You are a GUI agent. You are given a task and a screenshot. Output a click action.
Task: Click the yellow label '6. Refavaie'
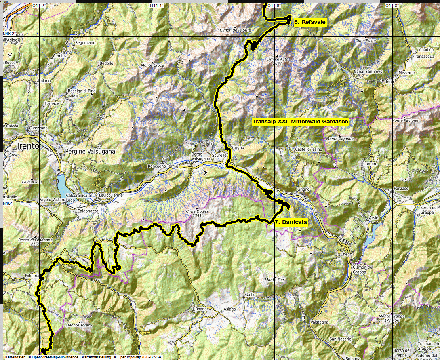click(309, 23)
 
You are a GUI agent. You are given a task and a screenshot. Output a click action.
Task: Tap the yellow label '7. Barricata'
click(291, 222)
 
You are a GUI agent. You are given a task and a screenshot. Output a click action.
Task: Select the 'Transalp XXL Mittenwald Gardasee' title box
click(300, 121)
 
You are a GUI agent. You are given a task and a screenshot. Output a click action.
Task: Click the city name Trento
click(27, 146)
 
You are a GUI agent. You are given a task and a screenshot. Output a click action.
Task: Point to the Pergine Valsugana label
click(90, 152)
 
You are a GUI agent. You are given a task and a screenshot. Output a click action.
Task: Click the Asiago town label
click(230, 310)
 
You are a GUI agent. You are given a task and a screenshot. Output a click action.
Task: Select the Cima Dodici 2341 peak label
click(196, 213)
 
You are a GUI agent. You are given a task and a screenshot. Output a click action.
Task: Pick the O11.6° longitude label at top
click(274, 6)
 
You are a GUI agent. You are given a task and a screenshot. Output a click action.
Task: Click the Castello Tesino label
click(309, 149)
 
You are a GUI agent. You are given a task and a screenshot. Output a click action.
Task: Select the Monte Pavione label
click(405, 120)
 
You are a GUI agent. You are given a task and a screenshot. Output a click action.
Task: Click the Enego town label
click(346, 254)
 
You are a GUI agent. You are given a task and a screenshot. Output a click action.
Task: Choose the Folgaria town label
click(31, 276)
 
